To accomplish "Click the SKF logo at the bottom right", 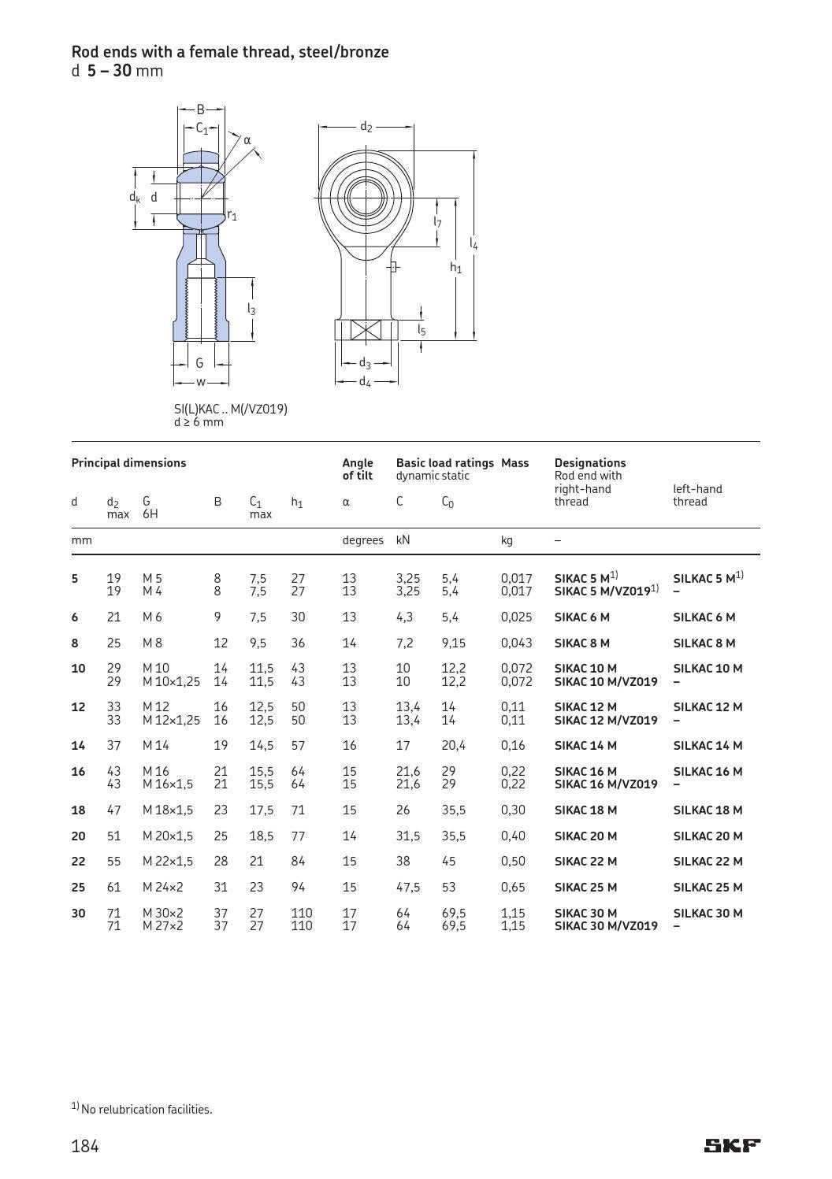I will (732, 1145).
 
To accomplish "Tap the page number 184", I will (85, 1146).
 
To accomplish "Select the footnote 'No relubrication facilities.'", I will (146, 1110).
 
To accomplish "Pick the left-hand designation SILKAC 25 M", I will (708, 887).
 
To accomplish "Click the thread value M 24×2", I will (162, 887).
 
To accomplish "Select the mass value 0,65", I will (514, 887).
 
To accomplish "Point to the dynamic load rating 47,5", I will (407, 887).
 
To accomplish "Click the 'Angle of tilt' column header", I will (357, 469).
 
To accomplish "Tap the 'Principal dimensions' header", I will (128, 462).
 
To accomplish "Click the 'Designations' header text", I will (589, 462).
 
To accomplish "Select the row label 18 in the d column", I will (78, 810).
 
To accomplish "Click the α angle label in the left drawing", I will (247, 140).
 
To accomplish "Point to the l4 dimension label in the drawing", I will (474, 244).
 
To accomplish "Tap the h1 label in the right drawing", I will (455, 268).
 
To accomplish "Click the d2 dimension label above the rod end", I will (366, 127).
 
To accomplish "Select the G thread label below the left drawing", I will (199, 363).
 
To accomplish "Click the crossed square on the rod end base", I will (365, 330).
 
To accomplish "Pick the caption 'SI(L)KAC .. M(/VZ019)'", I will (230, 409).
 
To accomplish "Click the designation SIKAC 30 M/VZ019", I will (606, 926).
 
